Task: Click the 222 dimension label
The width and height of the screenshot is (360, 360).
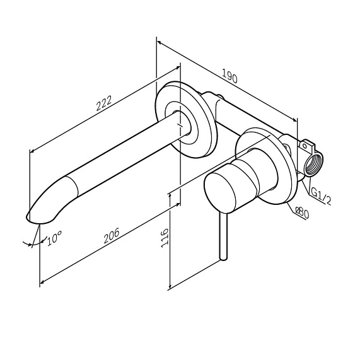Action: click(104, 103)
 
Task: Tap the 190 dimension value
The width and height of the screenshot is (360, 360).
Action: click(229, 76)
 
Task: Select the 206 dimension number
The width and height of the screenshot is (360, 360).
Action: click(112, 236)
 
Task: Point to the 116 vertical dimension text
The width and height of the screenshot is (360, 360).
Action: click(165, 238)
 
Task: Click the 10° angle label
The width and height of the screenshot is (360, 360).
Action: click(54, 238)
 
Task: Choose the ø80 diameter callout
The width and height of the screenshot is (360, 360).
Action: click(302, 212)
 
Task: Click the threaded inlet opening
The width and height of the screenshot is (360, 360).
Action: click(313, 165)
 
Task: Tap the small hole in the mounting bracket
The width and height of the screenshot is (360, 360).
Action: click(305, 146)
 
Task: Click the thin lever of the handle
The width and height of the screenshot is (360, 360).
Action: click(223, 236)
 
